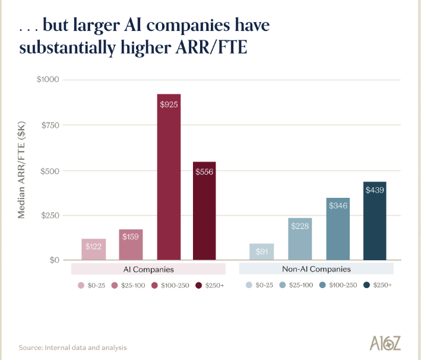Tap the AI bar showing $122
(x=93, y=249)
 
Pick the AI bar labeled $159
(x=131, y=244)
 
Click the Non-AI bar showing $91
(x=261, y=251)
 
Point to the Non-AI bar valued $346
(x=338, y=228)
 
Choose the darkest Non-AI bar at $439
(x=375, y=220)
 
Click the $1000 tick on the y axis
(x=48, y=80)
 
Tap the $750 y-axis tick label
(x=50, y=125)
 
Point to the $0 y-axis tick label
(x=54, y=260)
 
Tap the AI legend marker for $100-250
(x=154, y=285)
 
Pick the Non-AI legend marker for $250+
(x=368, y=285)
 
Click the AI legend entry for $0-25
(x=91, y=285)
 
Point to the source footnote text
(x=72, y=348)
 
